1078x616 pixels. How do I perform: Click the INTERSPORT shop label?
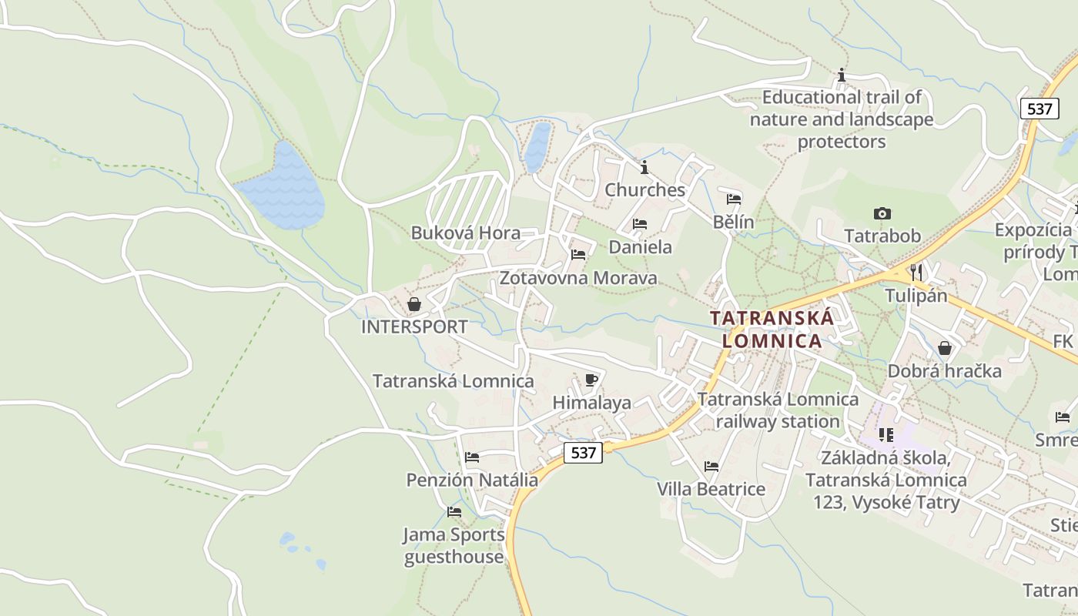[x=414, y=326]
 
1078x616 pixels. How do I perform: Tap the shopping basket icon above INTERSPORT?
[x=414, y=304]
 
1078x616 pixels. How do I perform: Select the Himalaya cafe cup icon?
[x=591, y=380]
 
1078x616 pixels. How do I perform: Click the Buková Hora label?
[x=465, y=233]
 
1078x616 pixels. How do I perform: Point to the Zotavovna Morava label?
[x=578, y=278]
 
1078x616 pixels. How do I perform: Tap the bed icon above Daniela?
[x=640, y=224]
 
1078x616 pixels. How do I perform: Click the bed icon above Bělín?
[x=734, y=199]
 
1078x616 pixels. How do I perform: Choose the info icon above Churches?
[x=644, y=167]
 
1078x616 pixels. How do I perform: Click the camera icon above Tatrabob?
[x=882, y=213]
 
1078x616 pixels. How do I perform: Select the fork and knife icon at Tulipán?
[x=916, y=272]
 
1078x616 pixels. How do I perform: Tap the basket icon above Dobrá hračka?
[x=945, y=348]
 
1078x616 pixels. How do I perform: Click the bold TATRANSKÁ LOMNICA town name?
[x=772, y=329]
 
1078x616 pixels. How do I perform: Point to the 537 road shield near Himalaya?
[x=584, y=453]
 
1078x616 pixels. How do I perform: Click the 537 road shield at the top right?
[x=1039, y=109]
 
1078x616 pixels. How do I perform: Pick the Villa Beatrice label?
[x=711, y=489]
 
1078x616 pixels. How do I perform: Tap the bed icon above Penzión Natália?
[x=472, y=457]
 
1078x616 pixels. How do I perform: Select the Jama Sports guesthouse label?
[x=454, y=545]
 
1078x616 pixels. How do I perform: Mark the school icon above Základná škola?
[x=886, y=435]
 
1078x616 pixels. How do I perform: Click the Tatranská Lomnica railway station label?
[x=778, y=410]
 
